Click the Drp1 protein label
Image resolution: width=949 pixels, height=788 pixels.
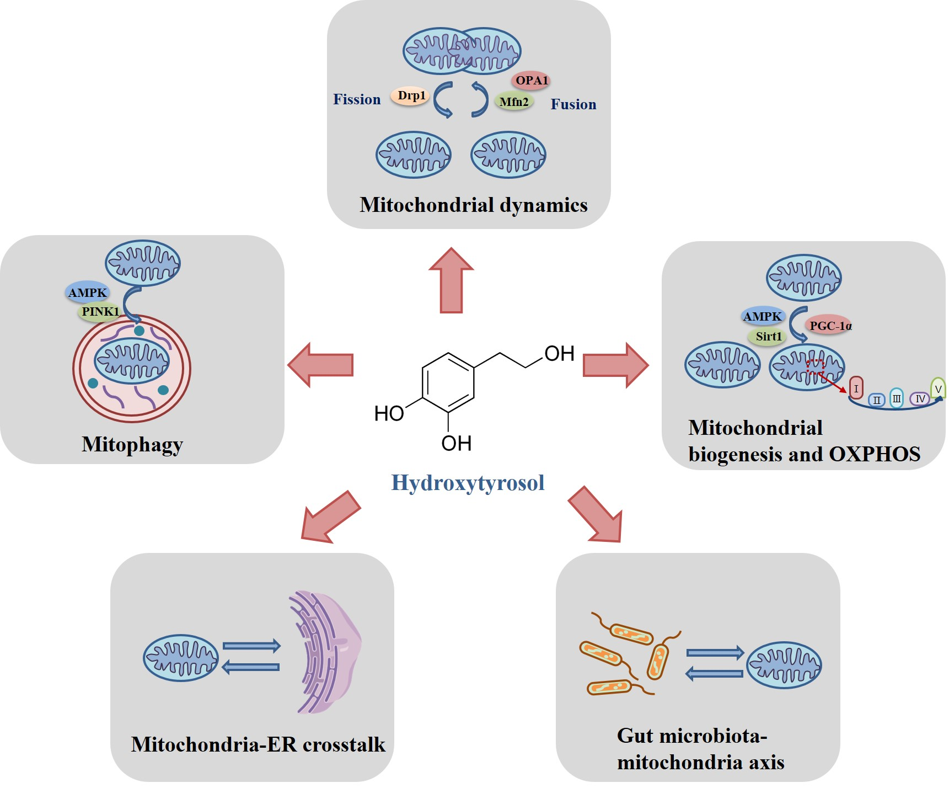click(x=410, y=96)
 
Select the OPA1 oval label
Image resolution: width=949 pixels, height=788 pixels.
click(x=532, y=81)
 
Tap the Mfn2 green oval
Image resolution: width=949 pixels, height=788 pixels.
click(x=514, y=102)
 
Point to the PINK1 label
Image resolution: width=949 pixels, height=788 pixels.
click(x=100, y=312)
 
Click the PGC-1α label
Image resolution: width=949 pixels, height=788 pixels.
click(x=830, y=326)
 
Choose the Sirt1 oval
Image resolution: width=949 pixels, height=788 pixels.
click(x=768, y=337)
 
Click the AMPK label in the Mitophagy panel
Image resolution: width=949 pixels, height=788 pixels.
click(x=87, y=292)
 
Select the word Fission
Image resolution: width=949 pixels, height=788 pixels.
click(x=357, y=99)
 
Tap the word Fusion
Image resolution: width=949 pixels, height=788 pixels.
click(x=573, y=104)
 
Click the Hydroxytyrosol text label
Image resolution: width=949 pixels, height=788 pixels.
click(x=468, y=483)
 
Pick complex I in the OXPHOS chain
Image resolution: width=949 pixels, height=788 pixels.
click(x=856, y=388)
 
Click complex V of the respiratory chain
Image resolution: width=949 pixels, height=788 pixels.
click(x=938, y=388)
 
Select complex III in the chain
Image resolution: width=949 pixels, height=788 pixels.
click(x=897, y=398)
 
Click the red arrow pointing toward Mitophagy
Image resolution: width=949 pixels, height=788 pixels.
click(x=320, y=365)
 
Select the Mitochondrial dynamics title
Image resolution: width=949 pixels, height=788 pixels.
click(x=473, y=205)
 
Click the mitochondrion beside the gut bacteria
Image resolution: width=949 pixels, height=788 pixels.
click(x=784, y=665)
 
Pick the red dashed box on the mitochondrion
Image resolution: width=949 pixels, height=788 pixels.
click(x=815, y=366)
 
